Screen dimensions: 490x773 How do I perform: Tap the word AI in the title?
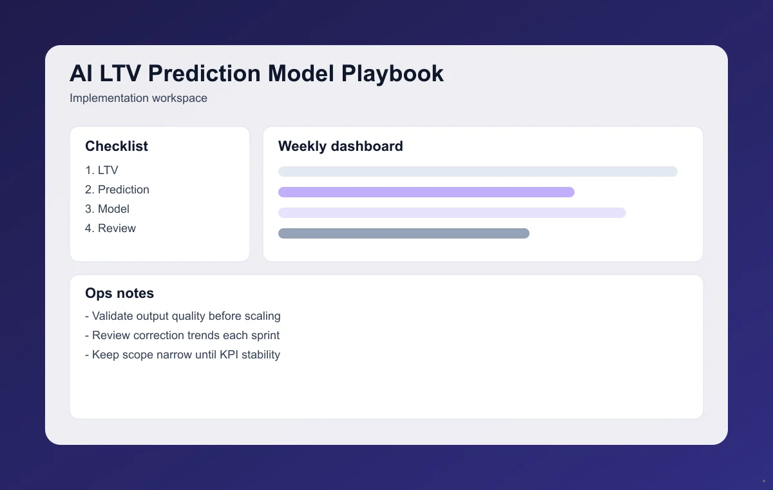coord(81,73)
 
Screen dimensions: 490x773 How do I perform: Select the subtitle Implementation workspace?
coord(138,99)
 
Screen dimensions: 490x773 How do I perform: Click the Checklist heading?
coord(117,146)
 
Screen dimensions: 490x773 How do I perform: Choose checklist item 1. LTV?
coord(102,170)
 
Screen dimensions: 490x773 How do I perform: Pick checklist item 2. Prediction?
coord(117,190)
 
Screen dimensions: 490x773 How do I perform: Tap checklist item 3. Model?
coord(107,209)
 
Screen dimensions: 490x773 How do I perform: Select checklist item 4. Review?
coord(110,228)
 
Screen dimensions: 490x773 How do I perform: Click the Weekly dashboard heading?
coord(341,146)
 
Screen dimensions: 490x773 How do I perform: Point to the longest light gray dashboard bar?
coord(478,171)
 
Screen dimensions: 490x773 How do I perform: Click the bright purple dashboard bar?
coord(426,192)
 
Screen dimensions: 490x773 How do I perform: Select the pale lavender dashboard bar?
coord(452,213)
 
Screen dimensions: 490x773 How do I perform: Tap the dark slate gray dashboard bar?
coord(404,233)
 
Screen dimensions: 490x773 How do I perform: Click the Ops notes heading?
coord(120,293)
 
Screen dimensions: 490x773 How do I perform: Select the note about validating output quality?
coord(183,316)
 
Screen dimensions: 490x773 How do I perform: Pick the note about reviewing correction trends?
coord(182,335)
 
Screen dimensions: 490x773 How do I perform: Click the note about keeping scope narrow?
coord(183,355)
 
